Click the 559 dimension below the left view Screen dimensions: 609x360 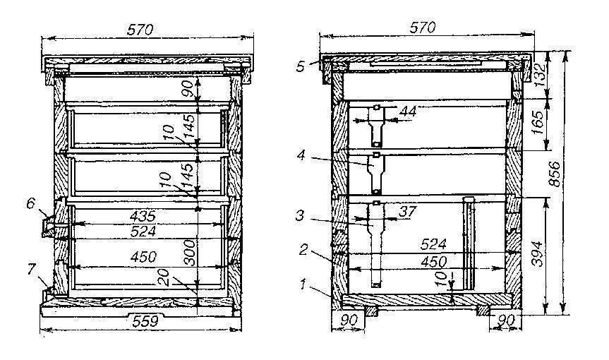(145, 321)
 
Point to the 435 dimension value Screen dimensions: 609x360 (143, 216)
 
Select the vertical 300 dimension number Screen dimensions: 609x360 (189, 253)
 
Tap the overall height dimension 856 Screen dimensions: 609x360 (556, 174)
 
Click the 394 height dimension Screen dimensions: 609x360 (537, 253)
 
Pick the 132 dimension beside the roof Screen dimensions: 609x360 (540, 73)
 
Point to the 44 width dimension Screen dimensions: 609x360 (408, 112)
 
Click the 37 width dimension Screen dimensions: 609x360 (407, 212)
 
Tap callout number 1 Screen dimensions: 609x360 (303, 284)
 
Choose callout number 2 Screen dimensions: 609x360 (303, 250)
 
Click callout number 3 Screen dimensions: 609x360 (299, 215)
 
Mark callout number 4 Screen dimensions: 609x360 (301, 155)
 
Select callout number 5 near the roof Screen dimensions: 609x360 (301, 66)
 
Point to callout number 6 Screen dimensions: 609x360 (30, 203)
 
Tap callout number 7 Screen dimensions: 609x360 (32, 269)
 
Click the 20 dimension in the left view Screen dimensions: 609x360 (164, 277)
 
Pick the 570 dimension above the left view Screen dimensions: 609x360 (140, 30)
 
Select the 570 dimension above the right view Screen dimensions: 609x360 (422, 28)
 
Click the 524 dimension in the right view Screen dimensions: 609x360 (433, 244)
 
